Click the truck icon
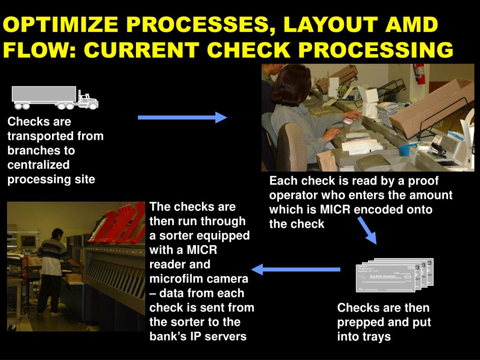[x=55, y=97]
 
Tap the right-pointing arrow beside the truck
[x=182, y=117]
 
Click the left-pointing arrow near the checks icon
[x=296, y=270]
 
